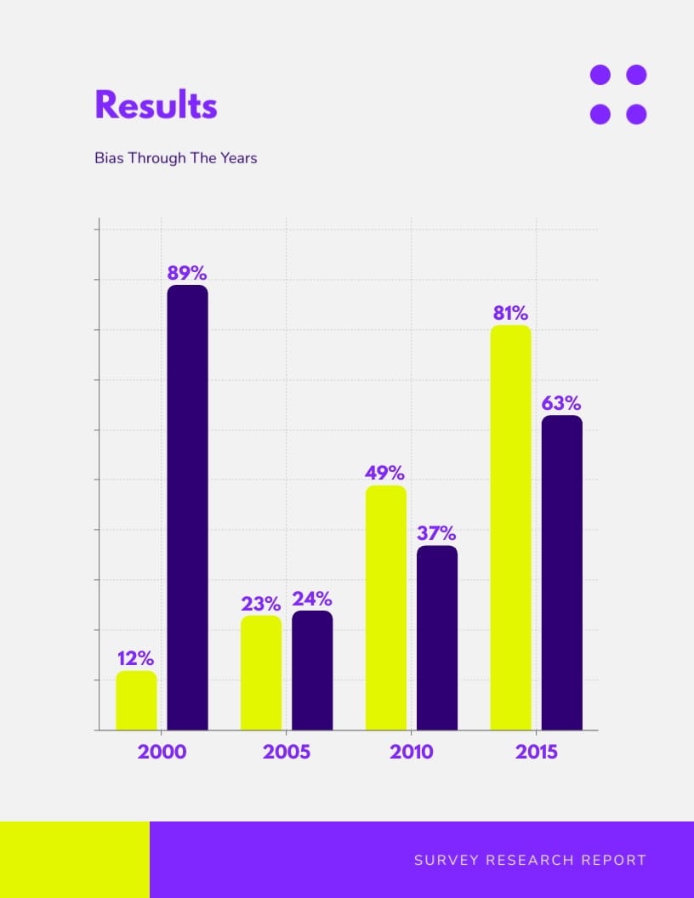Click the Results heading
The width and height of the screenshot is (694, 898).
(x=156, y=106)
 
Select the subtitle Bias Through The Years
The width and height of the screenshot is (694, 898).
(x=175, y=158)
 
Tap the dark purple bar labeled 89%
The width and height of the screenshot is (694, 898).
(x=187, y=507)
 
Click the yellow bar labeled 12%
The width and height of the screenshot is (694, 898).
(x=136, y=701)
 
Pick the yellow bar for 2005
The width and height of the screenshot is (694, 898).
(x=261, y=673)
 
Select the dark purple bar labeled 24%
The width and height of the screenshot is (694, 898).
(x=312, y=670)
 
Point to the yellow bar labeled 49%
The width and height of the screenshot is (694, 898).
(x=386, y=607)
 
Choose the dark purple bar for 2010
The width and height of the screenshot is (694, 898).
(x=437, y=638)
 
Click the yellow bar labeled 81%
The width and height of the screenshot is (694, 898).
(x=510, y=527)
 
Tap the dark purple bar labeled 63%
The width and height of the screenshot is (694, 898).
(x=562, y=572)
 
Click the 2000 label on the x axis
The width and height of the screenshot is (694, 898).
(x=162, y=753)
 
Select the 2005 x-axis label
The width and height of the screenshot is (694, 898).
(x=287, y=753)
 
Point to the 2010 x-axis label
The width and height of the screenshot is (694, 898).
(x=412, y=753)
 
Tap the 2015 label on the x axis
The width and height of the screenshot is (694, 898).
(x=537, y=753)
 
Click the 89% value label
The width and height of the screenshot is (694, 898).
(x=187, y=273)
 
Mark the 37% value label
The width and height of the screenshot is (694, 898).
(x=436, y=534)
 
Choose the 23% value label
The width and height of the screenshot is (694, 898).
(x=260, y=604)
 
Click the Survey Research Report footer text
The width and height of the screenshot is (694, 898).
(x=530, y=861)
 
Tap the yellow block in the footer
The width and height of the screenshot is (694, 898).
(x=75, y=860)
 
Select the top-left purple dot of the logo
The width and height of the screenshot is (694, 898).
(x=600, y=75)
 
